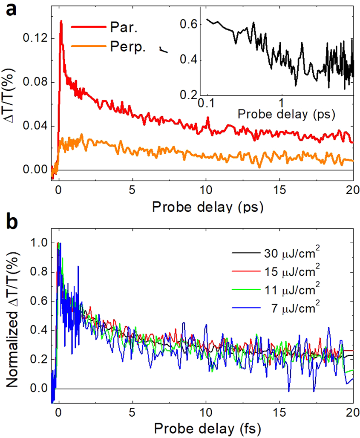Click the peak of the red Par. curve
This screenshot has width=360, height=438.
(x=61, y=21)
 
